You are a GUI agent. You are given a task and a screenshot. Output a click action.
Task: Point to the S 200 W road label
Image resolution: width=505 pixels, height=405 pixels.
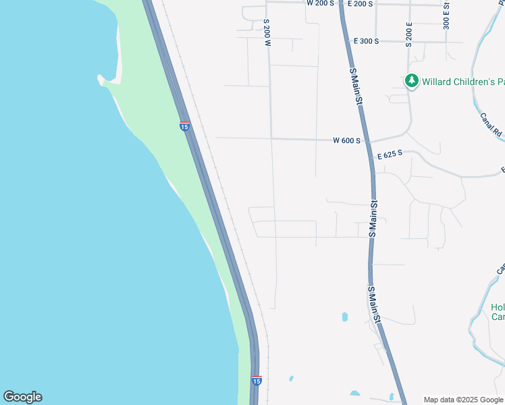[x=267, y=33]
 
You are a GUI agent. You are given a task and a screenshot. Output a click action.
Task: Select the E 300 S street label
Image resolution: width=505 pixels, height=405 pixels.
[x=366, y=41]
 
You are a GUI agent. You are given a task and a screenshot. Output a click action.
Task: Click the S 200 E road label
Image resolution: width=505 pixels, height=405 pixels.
[x=409, y=33]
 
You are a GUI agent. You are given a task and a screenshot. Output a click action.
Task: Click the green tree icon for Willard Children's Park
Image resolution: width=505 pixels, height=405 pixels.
[x=411, y=82]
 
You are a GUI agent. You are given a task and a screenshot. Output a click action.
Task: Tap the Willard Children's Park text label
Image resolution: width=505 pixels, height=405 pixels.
[x=463, y=82]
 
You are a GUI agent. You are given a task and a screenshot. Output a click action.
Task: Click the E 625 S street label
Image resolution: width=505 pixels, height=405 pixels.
[x=390, y=155]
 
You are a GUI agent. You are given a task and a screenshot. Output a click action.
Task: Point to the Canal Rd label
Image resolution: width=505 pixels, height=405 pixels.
[x=491, y=124]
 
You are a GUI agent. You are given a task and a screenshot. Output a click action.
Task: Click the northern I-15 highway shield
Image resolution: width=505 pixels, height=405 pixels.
[x=184, y=126]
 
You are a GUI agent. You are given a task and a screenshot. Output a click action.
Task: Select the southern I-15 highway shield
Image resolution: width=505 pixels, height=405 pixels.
[x=256, y=381]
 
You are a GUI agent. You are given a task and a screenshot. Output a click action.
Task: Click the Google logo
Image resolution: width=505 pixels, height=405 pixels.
[x=22, y=397]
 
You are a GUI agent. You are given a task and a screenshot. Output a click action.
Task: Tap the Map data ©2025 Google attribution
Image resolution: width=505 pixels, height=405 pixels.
[x=464, y=400]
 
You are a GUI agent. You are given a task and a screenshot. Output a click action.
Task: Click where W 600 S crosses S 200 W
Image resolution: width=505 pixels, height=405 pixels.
[x=271, y=138]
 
